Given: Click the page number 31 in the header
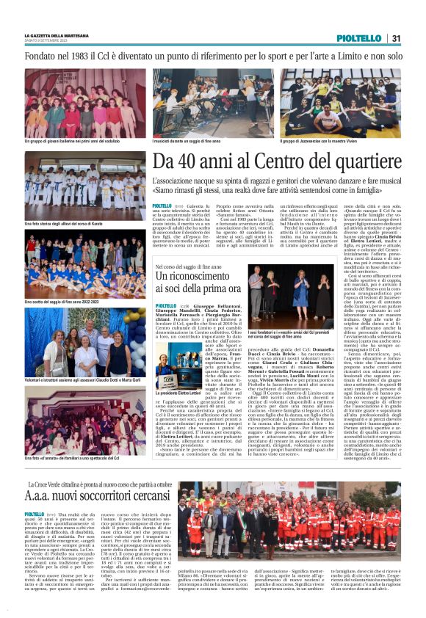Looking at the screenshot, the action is pos(396,38).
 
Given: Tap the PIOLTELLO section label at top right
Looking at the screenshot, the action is pos(359,38).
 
